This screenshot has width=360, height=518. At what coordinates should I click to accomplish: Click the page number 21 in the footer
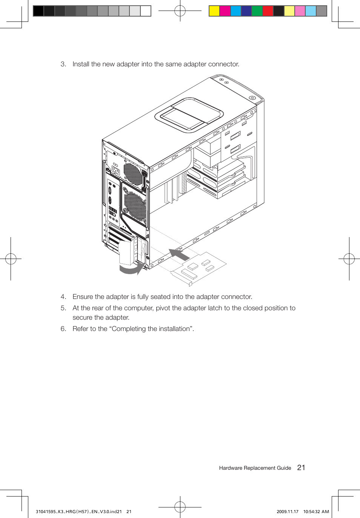(x=301, y=467)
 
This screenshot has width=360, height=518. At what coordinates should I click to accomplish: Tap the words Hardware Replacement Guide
(x=255, y=468)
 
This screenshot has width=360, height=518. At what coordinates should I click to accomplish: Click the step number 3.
(x=63, y=64)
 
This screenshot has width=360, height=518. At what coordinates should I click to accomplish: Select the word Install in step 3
(x=81, y=64)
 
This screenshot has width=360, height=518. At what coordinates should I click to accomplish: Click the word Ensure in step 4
(x=83, y=297)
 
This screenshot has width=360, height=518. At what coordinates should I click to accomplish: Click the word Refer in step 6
(x=80, y=329)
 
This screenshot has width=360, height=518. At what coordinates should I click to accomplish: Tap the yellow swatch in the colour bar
(x=214, y=11)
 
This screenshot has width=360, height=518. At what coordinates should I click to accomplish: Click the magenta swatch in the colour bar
(x=225, y=11)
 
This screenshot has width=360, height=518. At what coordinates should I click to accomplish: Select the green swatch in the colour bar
(x=257, y=11)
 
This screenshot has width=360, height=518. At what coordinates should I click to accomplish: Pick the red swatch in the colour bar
(x=268, y=11)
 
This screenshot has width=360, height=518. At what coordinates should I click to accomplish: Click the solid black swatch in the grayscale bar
(x=38, y=11)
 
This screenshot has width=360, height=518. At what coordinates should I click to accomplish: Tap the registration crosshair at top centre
(x=180, y=11)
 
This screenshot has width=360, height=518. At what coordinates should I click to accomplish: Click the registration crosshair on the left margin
(x=11, y=259)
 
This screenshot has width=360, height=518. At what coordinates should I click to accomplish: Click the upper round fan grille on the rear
(x=133, y=173)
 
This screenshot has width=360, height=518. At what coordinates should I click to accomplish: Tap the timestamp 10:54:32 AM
(x=316, y=512)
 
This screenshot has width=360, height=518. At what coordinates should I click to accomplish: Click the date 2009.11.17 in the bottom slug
(x=287, y=512)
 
